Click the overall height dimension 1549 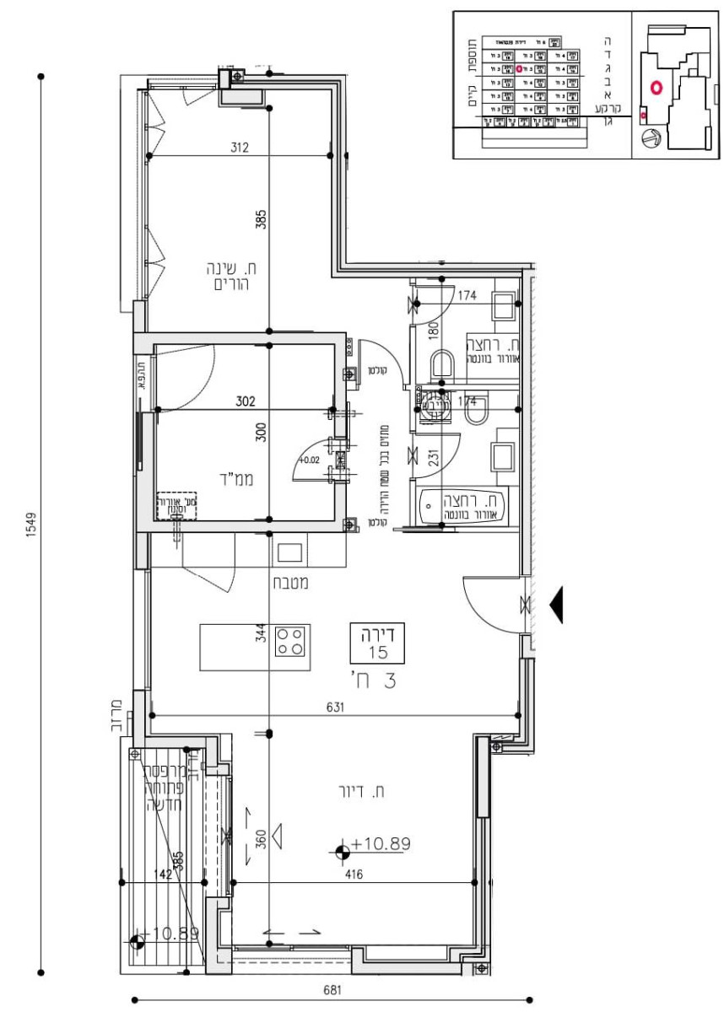point(30,523)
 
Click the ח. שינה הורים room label point(230,276)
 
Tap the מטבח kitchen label point(289,582)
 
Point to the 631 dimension point(334,708)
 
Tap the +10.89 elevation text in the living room point(381,844)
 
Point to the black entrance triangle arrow point(555,605)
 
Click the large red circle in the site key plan point(656,86)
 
